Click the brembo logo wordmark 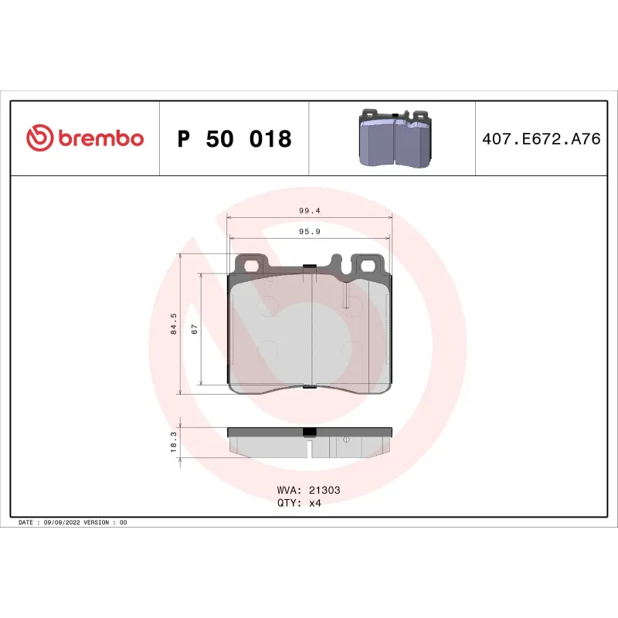click(x=100, y=139)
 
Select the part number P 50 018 click(x=234, y=139)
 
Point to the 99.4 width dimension click(x=310, y=210)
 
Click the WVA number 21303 click(x=325, y=490)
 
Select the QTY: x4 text click(x=298, y=503)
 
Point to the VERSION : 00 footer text click(x=108, y=523)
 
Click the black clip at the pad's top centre click(x=310, y=268)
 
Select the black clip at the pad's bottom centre click(x=309, y=386)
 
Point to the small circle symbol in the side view click(x=345, y=440)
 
